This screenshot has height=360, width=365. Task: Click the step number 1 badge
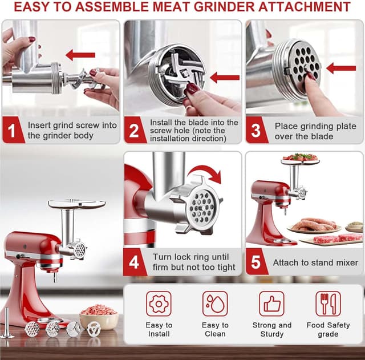click(x=11, y=131)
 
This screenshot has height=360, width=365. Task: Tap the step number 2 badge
click(x=134, y=131)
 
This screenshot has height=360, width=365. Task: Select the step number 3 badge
click(x=256, y=131)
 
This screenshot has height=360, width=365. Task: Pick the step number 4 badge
click(x=134, y=262)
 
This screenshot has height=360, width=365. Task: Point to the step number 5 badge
click(x=256, y=262)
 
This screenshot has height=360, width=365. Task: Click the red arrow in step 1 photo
click(x=80, y=55)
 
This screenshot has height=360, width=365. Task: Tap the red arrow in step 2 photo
click(x=224, y=76)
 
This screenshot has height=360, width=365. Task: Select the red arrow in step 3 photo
click(x=341, y=68)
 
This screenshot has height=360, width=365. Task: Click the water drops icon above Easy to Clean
click(x=215, y=304)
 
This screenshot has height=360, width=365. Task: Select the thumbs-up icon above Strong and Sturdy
click(x=271, y=304)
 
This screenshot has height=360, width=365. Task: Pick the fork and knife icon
click(x=328, y=304)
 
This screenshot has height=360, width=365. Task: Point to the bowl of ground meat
click(x=98, y=315)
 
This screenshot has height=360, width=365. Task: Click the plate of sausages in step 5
click(x=313, y=225)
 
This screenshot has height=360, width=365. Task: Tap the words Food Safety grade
click(x=328, y=329)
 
